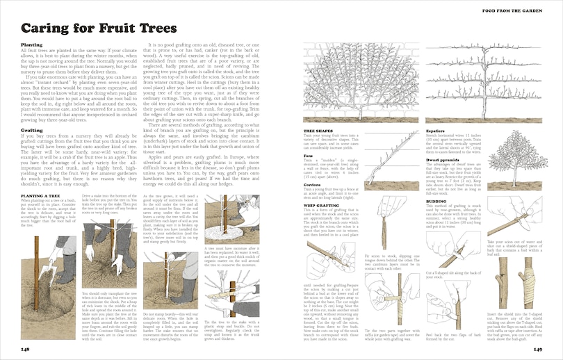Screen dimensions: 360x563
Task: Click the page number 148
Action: coord(25,348)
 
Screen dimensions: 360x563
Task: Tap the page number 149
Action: coord(537,348)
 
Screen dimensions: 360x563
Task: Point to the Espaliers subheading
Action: coord(436,131)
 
